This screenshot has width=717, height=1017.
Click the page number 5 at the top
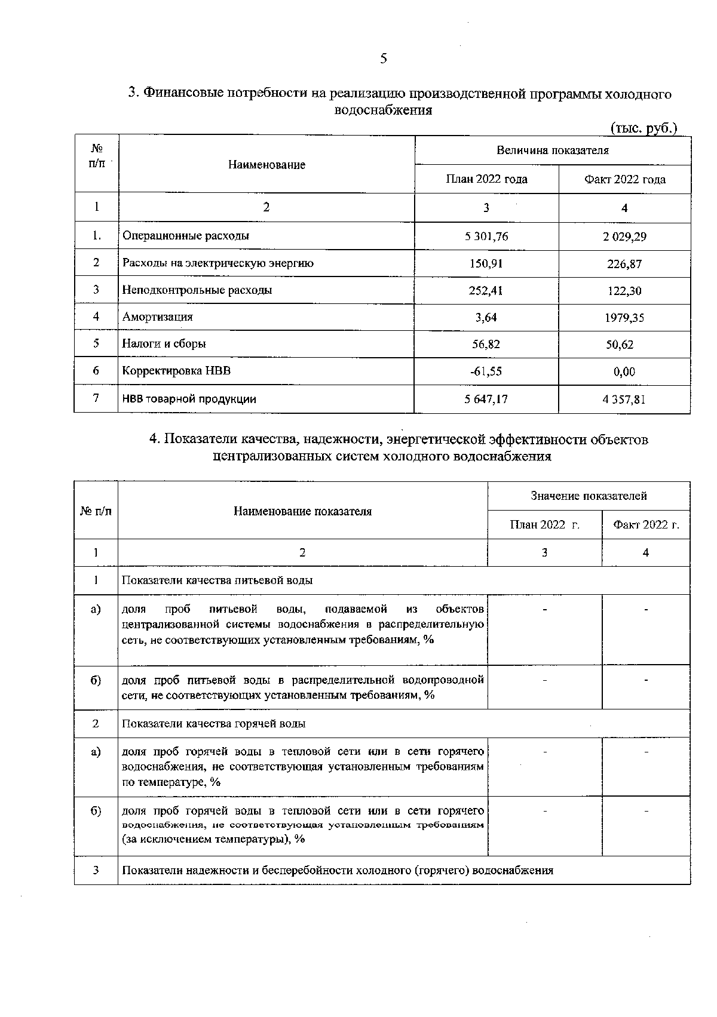click(x=383, y=59)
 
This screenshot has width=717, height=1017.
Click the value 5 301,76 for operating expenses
click(x=486, y=236)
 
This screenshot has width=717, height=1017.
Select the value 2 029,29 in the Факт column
click(x=624, y=237)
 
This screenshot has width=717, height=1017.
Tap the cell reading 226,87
click(x=624, y=264)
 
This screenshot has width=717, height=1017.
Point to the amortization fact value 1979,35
click(x=624, y=318)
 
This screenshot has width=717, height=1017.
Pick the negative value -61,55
click(x=486, y=371)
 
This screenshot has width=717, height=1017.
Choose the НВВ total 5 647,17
click(x=486, y=399)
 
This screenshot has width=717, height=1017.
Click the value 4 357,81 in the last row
click(x=624, y=399)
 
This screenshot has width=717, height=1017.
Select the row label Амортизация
click(x=158, y=317)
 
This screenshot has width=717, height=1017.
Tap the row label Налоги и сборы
click(x=164, y=344)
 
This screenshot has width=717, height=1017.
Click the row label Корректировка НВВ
click(x=176, y=371)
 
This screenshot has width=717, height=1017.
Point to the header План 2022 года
click(x=486, y=179)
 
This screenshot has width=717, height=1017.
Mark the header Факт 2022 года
click(x=624, y=179)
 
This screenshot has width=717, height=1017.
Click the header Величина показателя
click(x=553, y=150)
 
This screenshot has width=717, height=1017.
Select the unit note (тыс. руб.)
click(x=643, y=128)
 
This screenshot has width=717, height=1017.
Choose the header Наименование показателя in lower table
click(x=302, y=511)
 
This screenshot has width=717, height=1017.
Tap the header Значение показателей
click(x=589, y=496)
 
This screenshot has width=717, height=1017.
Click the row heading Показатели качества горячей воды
click(x=214, y=724)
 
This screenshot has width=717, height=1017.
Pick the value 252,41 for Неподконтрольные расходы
click(x=486, y=291)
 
